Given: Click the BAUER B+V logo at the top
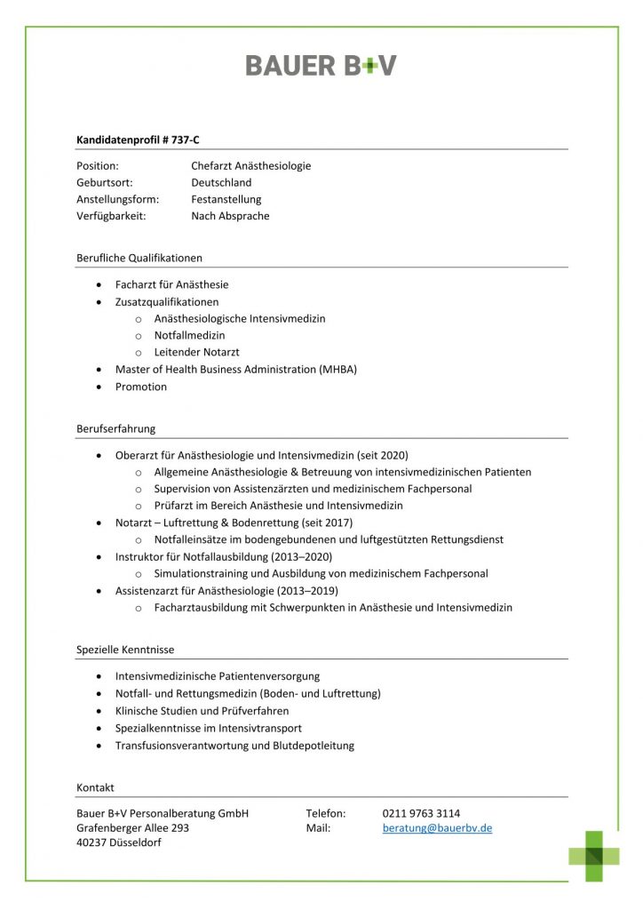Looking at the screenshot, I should coord(321,65).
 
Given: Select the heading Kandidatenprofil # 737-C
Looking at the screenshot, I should coord(144,140).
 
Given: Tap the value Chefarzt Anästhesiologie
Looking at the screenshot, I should coord(250,166).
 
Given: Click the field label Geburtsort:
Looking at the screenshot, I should coord(104,183).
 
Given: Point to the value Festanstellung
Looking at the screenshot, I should coord(226,200).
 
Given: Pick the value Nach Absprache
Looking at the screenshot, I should coord(230,216).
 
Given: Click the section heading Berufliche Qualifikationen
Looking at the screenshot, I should coord(139,258).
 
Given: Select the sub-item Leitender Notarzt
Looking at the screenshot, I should coord(196,352).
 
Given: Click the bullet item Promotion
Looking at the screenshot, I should coord(140,387).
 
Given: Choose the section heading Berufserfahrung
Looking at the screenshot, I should coord(115,428).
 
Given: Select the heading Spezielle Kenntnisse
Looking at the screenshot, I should coord(124,650).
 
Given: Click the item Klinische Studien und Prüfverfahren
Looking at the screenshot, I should coord(202,711).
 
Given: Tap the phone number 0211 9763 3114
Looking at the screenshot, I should coord(421,813).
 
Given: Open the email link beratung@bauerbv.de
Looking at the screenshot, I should coord(437,828).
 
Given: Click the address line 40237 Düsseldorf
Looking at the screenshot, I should coord(118,843).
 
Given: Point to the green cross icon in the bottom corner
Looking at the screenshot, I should coord(594,855).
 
